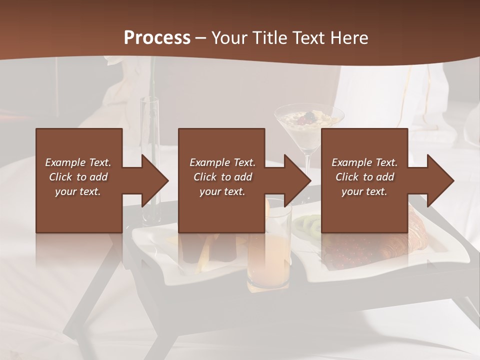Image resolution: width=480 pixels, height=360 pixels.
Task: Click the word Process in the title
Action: pos(157,38)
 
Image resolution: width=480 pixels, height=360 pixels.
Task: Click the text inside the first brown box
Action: pos(78,177)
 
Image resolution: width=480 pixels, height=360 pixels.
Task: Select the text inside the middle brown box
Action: pos(222,177)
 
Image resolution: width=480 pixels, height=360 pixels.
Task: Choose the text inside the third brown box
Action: pos(364,177)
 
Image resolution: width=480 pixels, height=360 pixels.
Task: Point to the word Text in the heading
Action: pos(309,38)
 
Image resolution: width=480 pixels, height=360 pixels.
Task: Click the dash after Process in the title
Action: pos(201,38)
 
